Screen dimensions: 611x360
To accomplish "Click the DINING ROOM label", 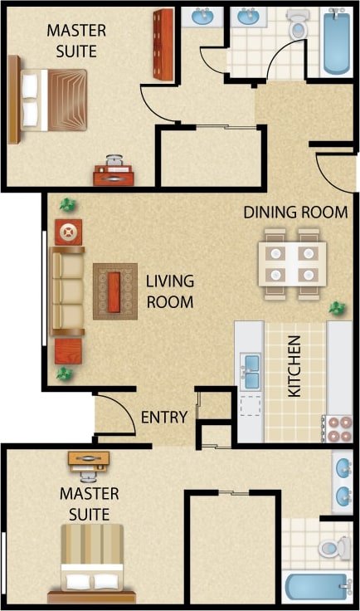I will click(295, 213).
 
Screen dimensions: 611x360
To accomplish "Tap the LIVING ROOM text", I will click(170, 291).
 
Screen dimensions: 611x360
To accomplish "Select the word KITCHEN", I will click(294, 366).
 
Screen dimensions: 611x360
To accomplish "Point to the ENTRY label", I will click(163, 417).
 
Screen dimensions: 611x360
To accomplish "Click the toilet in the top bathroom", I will click(297, 26).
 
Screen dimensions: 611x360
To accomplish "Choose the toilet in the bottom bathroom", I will click(334, 546).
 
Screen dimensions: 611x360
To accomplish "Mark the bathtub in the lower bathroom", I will click(319, 587).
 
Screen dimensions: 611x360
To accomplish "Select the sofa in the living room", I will click(67, 291).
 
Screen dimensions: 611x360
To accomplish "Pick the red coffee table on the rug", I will click(115, 291).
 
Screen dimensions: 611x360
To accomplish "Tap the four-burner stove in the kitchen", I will click(340, 428).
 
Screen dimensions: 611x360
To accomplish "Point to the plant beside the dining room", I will click(337, 309).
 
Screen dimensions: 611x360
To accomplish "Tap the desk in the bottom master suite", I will click(89, 459).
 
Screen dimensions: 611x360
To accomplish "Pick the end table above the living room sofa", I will click(68, 232).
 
